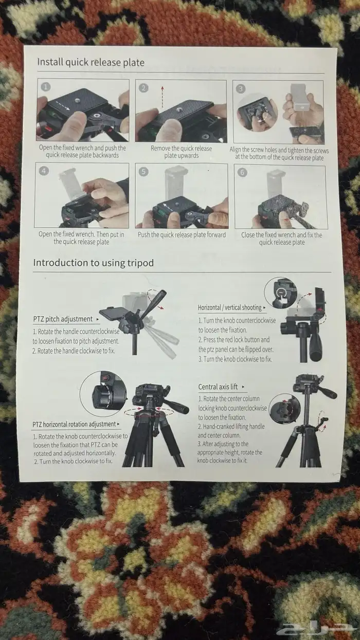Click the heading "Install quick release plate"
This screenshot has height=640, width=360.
point(91,62)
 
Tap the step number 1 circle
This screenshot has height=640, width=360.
point(45,87)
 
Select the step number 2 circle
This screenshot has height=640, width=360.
point(143,88)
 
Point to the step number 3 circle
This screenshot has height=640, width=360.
point(241,89)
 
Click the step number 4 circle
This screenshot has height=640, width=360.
point(44,171)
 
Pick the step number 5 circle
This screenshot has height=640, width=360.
point(143,171)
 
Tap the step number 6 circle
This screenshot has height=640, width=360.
point(242,172)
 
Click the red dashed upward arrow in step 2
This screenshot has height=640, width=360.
point(163,97)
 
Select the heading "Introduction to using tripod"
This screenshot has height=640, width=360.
point(93,263)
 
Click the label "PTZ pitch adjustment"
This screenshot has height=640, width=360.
point(63,319)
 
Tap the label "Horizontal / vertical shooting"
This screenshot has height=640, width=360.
point(229,307)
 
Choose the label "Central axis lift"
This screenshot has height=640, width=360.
point(218,387)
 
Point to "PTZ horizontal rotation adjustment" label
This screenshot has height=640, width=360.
point(74,424)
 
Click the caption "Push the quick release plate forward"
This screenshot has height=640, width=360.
point(182,235)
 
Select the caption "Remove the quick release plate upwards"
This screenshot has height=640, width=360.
point(182,152)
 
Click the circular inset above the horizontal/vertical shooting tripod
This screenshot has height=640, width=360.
point(280,292)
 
